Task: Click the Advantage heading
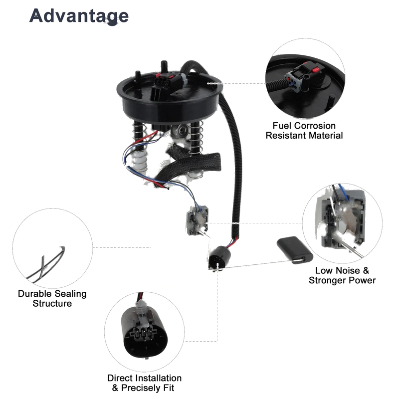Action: (x=79, y=16)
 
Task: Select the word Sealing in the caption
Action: (x=71, y=294)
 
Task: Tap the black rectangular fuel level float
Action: (x=295, y=250)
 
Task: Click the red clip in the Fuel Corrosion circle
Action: (x=316, y=69)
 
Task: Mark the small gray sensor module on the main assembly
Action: (x=197, y=220)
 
